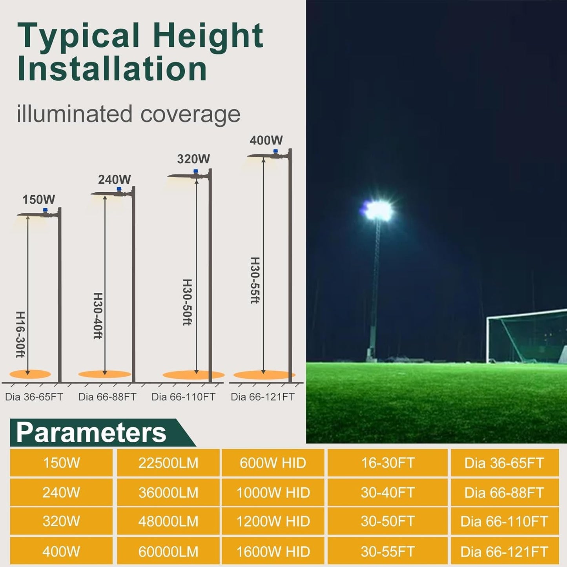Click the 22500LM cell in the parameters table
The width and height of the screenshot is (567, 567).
point(168,463)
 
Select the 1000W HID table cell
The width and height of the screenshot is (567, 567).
point(273,492)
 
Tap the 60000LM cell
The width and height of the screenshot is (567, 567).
point(168,552)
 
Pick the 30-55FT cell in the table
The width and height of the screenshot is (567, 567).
point(388,552)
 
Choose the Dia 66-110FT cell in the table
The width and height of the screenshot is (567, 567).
point(504,521)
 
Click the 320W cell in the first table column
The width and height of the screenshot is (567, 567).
point(61,521)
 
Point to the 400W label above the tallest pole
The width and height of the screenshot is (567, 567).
point(266,140)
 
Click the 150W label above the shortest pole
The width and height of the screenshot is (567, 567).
point(38,199)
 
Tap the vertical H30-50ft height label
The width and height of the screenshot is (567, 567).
point(187,302)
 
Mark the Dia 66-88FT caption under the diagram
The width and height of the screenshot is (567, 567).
point(107,397)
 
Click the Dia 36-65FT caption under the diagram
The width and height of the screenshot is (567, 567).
point(34,397)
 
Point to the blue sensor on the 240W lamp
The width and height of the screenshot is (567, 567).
point(119,190)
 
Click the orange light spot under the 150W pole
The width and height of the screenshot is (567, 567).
point(30,374)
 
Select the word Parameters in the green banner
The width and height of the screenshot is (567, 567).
point(91,432)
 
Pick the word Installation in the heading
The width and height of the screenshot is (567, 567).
point(112,69)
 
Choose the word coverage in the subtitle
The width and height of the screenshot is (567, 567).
point(190,114)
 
